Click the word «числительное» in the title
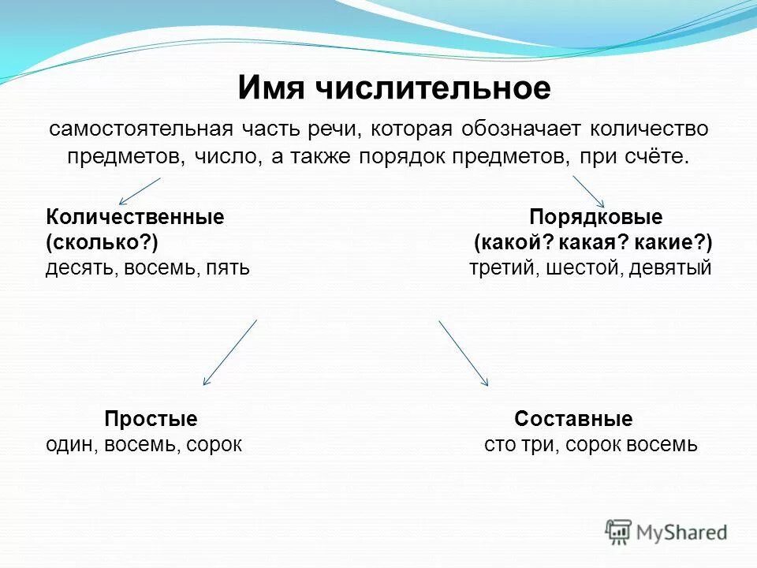433,88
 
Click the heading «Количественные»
135,218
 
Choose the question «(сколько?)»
96,242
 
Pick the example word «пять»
228,267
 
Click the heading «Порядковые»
595,218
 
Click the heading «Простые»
151,419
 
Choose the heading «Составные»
573,419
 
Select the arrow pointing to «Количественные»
140,191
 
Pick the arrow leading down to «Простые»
230,352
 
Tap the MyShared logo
666,532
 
